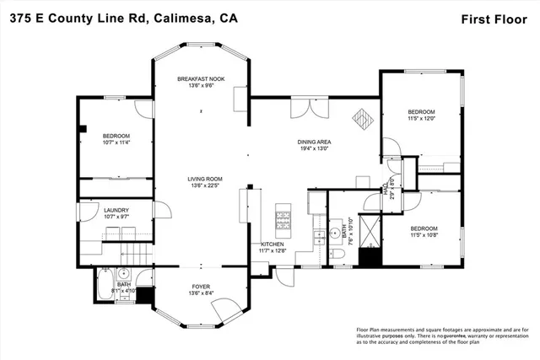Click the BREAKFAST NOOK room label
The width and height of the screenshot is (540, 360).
click(200, 78)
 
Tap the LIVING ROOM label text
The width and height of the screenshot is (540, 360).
click(204, 179)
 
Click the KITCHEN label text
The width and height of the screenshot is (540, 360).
click(273, 244)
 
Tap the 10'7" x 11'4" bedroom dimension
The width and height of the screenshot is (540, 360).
click(116, 142)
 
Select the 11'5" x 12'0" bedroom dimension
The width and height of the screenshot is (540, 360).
click(421, 119)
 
